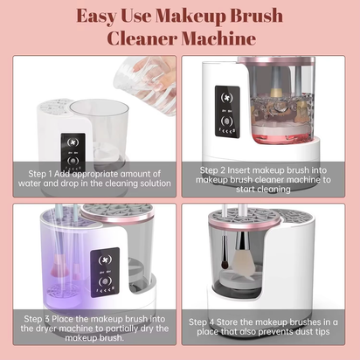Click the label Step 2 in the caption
pyautogui.click(x=214, y=170)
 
